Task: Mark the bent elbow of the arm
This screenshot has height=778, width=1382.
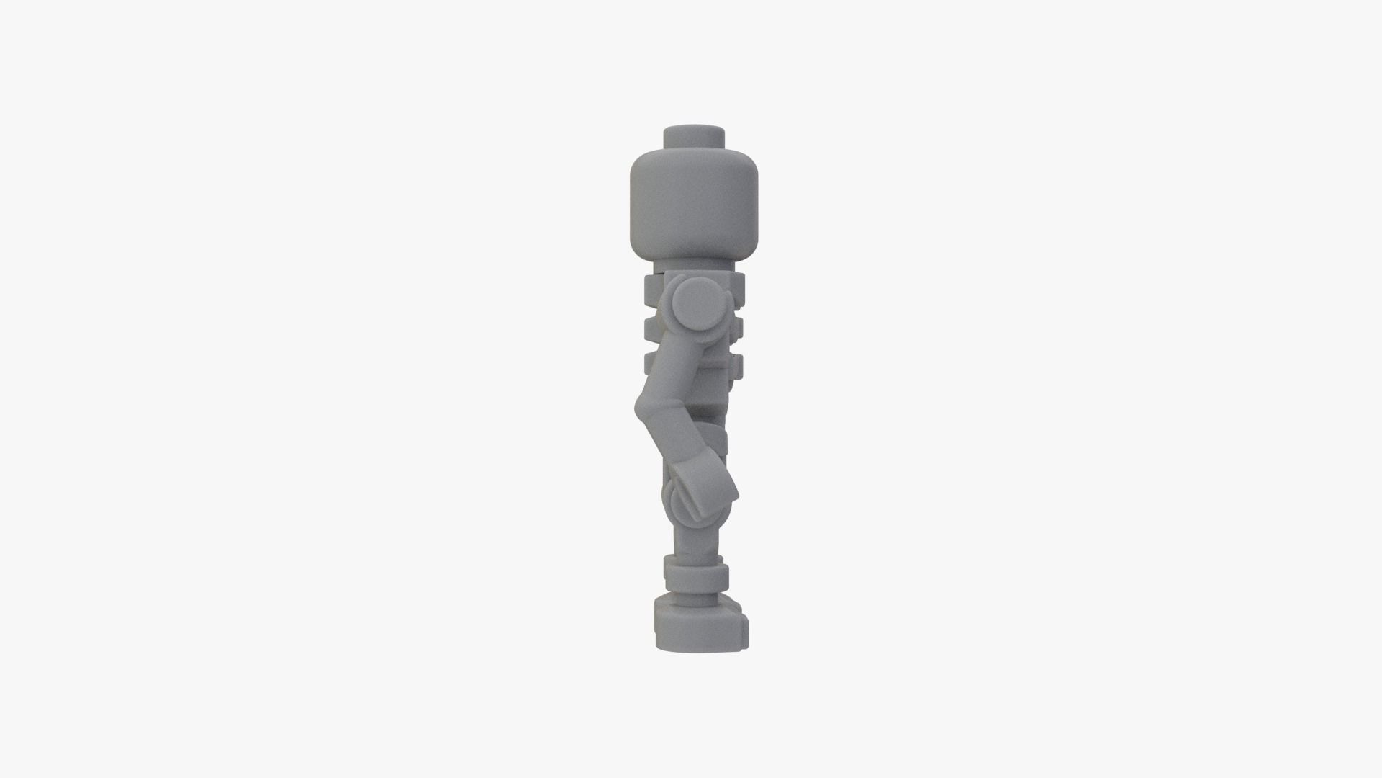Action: click(648, 408)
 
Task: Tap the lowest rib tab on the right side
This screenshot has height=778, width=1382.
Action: click(736, 366)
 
